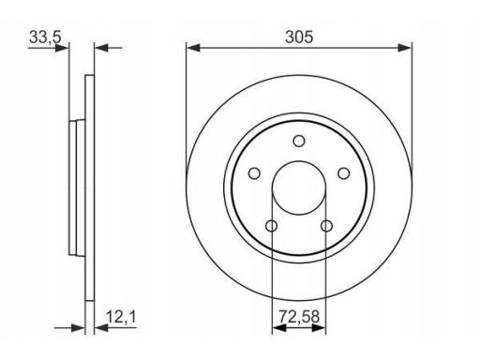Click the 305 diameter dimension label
click(x=299, y=37)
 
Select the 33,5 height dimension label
click(x=45, y=37)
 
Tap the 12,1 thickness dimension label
click(x=121, y=317)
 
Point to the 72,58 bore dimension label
click(x=299, y=317)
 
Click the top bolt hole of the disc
click(x=299, y=141)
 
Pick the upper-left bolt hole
click(x=254, y=173)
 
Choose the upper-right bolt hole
click(x=344, y=173)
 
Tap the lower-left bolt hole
click(x=271, y=226)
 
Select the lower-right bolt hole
click(x=327, y=226)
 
